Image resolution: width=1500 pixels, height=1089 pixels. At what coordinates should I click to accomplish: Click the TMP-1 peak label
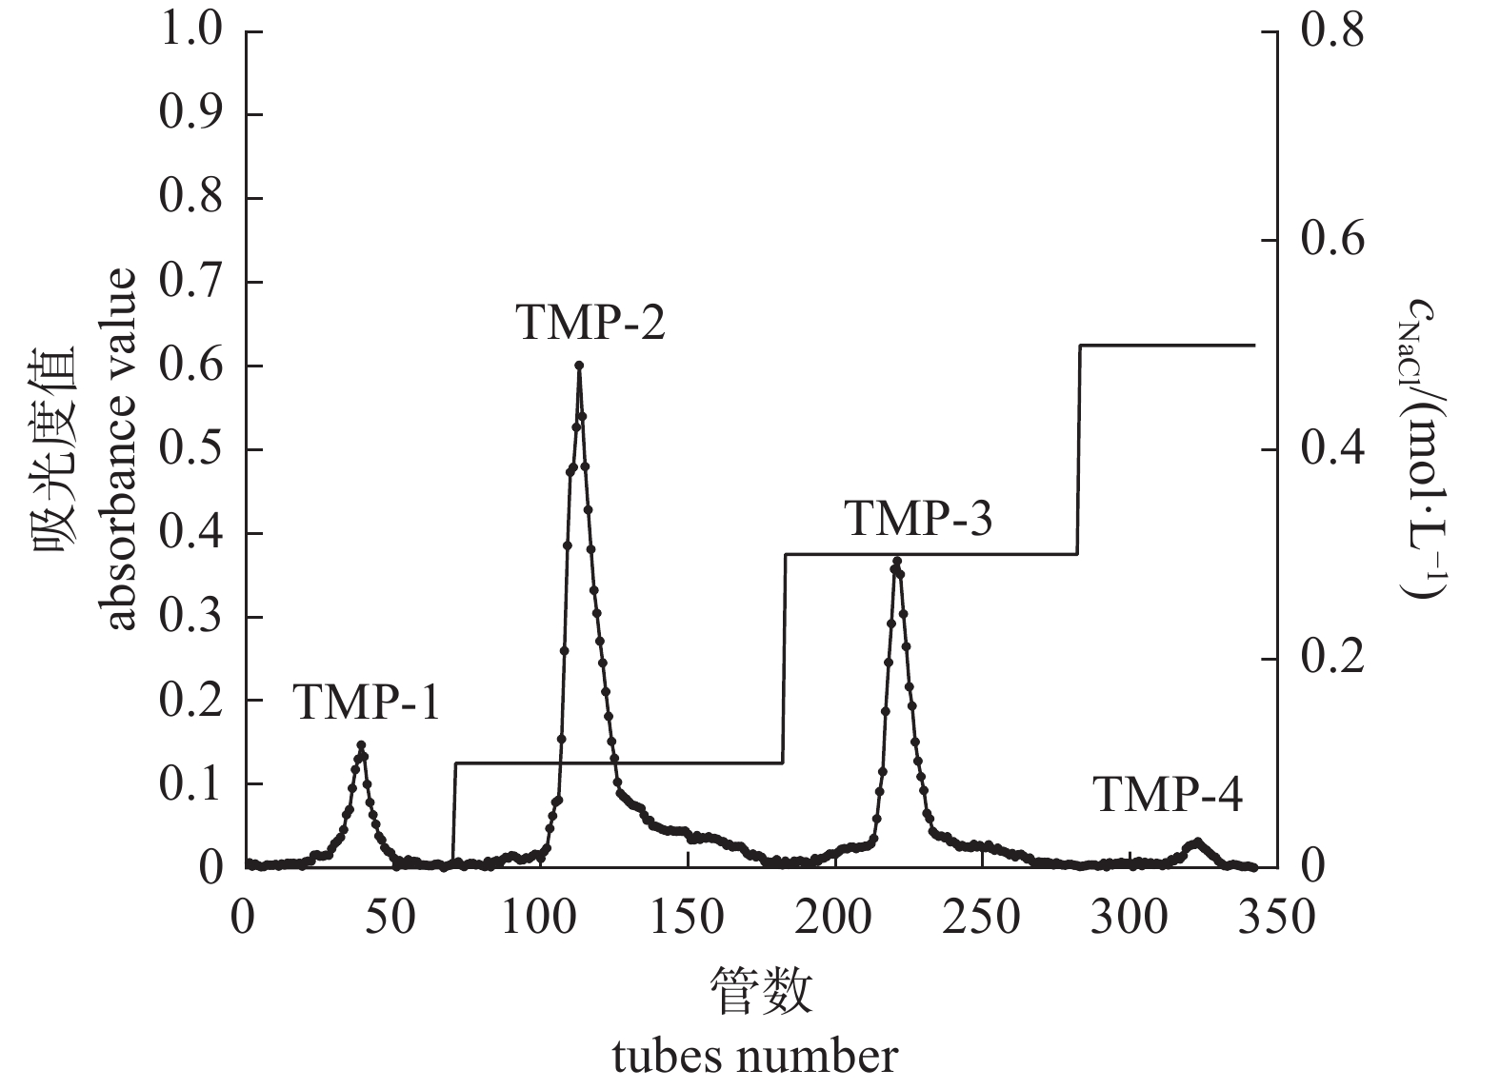(x=366, y=703)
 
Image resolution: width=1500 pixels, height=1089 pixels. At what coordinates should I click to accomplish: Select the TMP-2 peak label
(x=590, y=323)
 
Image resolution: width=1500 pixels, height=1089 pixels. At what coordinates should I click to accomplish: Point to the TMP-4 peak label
(x=1168, y=795)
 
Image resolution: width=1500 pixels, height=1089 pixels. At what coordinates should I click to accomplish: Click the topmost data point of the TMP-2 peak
(x=579, y=366)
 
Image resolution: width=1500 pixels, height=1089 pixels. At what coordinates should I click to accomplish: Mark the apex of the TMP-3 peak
(x=896, y=562)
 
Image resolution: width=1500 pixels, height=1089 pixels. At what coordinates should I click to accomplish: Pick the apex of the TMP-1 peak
(x=361, y=745)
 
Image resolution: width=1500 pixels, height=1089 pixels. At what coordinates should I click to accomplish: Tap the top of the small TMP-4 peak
(x=1197, y=841)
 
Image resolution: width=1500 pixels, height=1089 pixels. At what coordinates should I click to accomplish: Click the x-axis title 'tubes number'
(x=754, y=1057)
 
